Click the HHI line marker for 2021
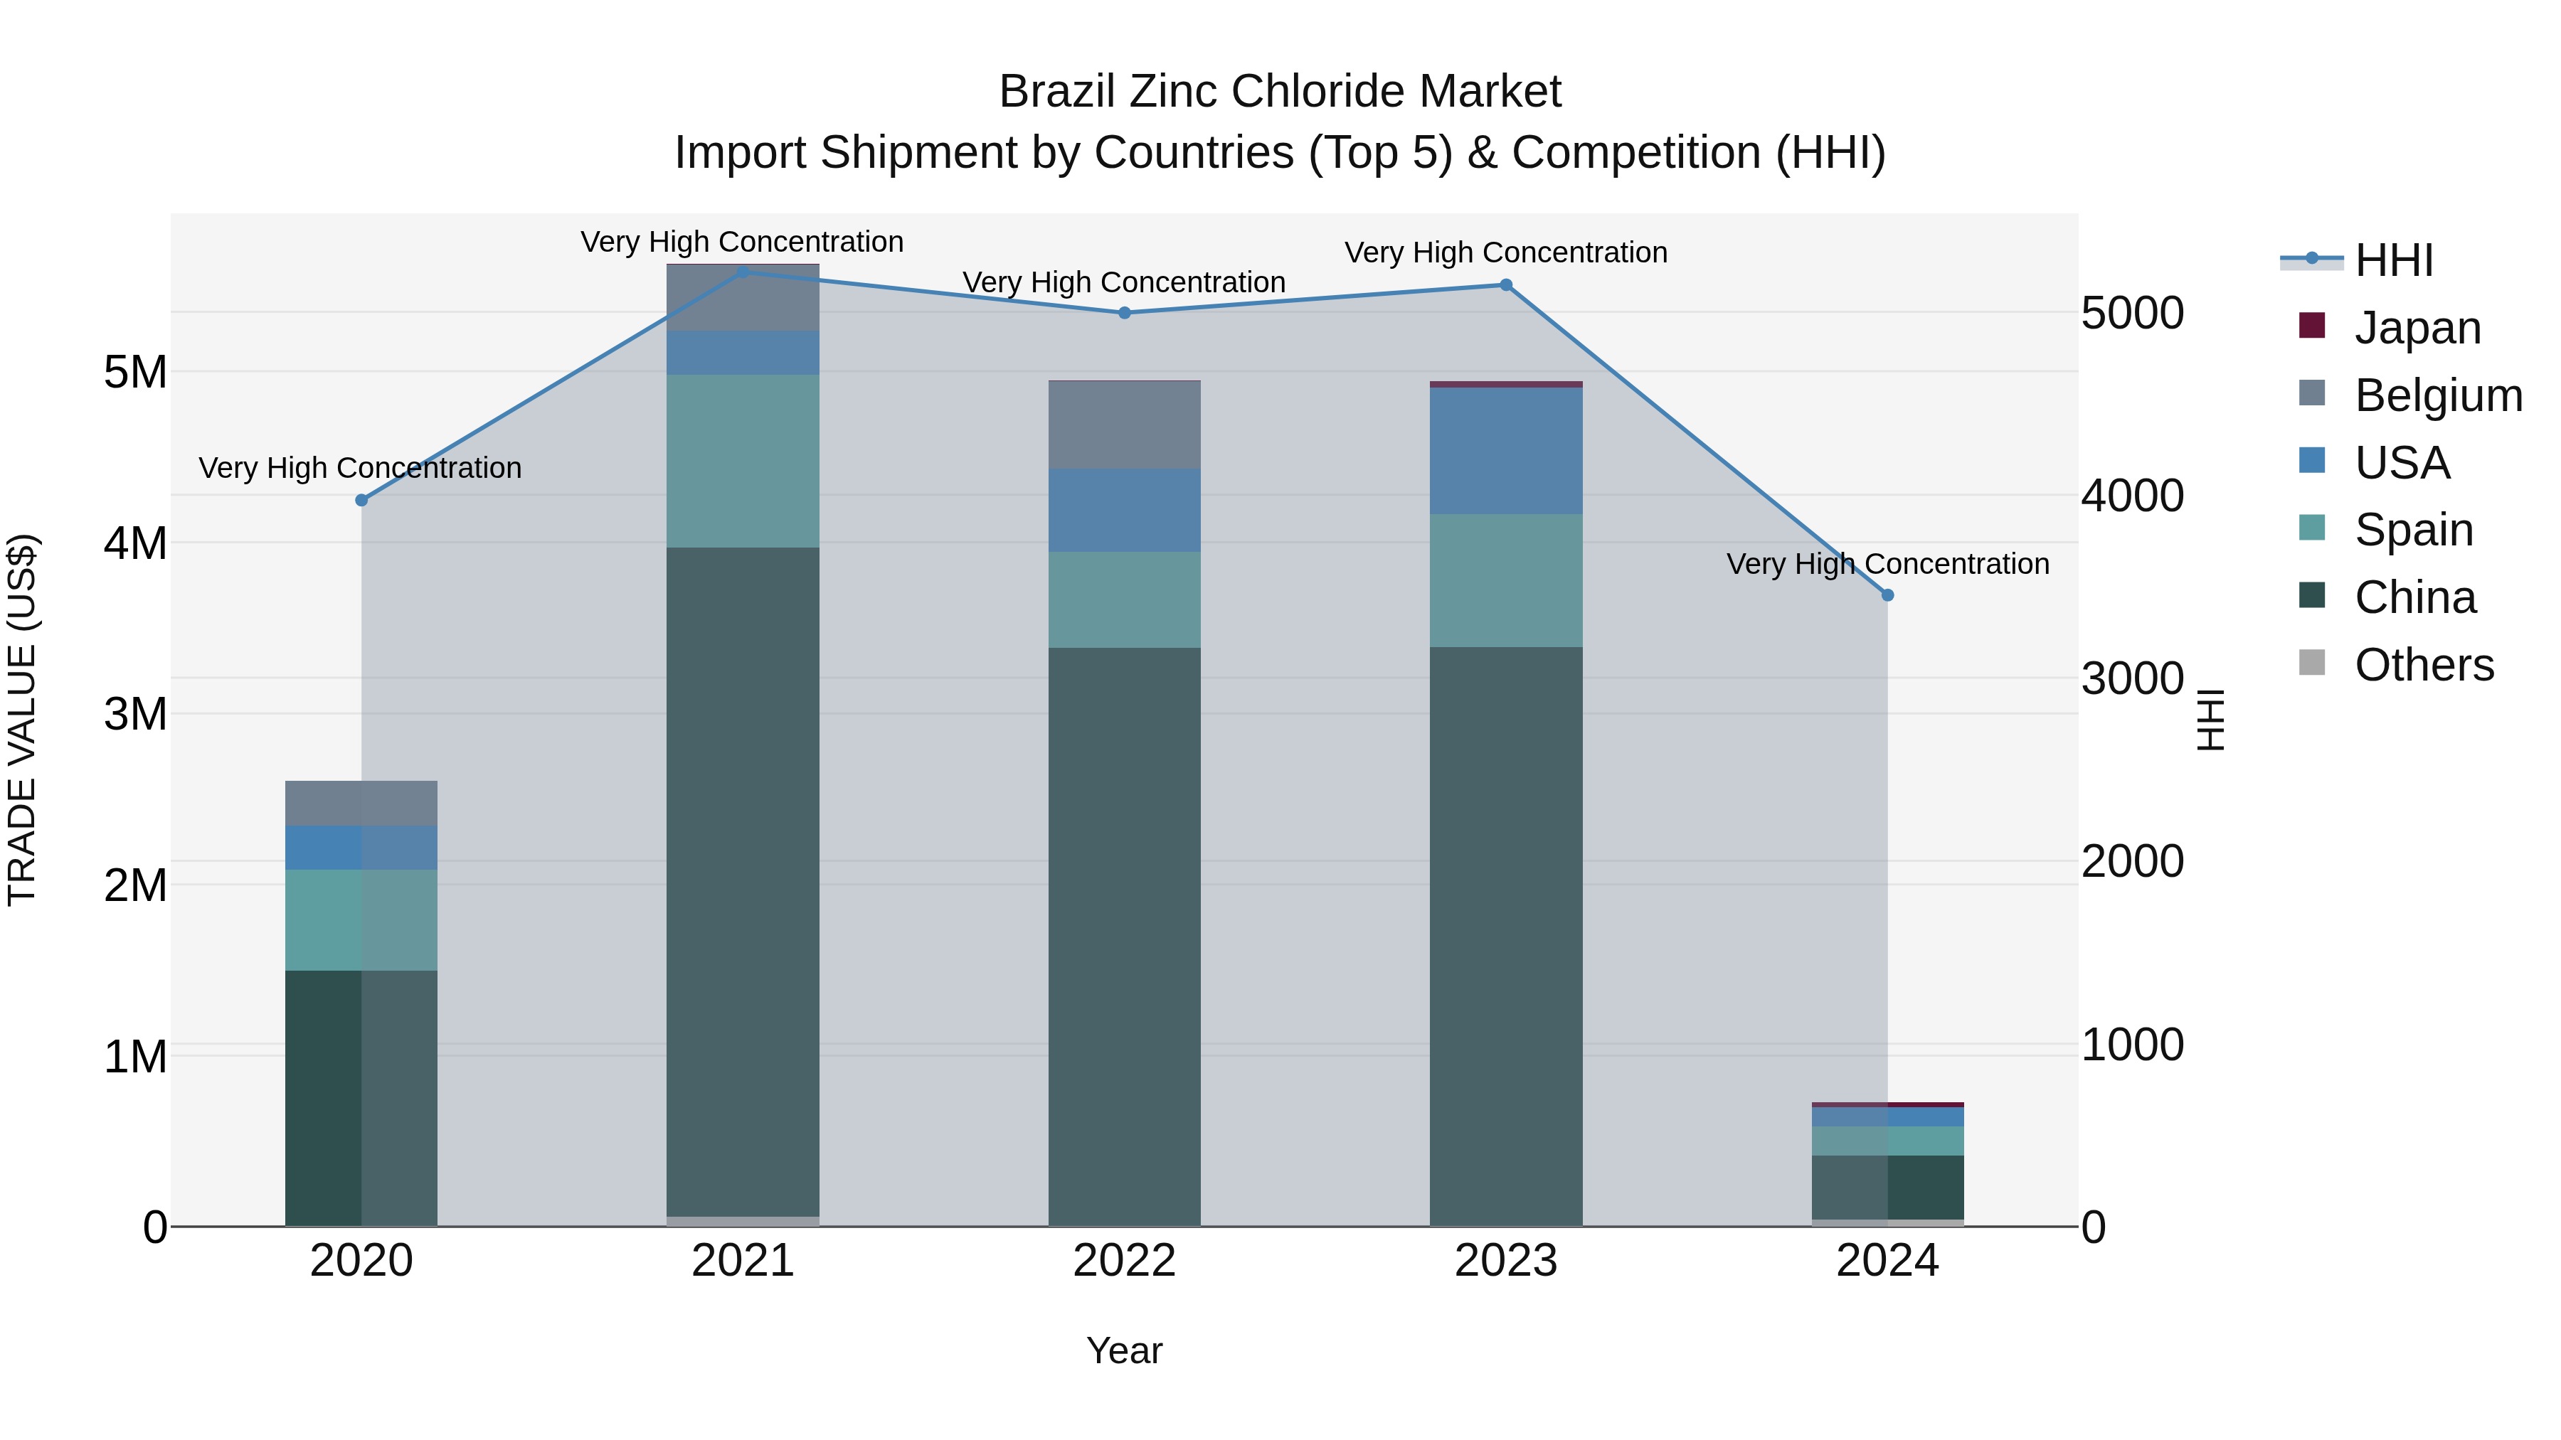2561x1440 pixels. tap(743, 272)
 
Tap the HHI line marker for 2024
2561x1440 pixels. tap(1888, 595)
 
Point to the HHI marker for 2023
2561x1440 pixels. tap(1506, 285)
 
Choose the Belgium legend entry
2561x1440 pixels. tap(2438, 395)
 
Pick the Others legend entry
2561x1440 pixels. tap(2424, 665)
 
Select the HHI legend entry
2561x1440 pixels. tap(2393, 260)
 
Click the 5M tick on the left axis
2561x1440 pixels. tap(135, 373)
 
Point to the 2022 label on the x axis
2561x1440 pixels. tap(1125, 1261)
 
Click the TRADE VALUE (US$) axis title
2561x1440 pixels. tap(23, 720)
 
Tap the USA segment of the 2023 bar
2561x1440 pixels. tap(1506, 450)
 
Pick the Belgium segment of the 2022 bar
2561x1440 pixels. tap(1125, 425)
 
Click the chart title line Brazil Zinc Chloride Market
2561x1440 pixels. tap(1280, 92)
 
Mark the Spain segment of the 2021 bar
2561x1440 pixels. tap(743, 460)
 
